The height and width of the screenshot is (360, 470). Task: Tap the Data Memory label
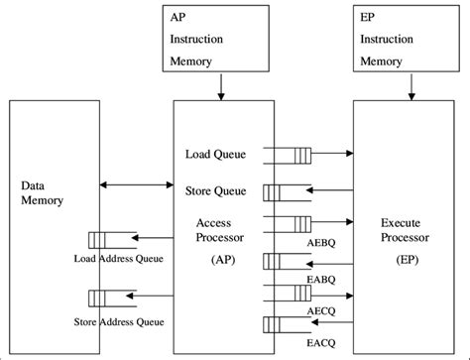[42, 192]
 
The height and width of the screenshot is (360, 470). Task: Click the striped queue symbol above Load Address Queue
[99, 239]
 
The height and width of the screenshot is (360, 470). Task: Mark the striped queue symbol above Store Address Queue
[99, 299]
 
